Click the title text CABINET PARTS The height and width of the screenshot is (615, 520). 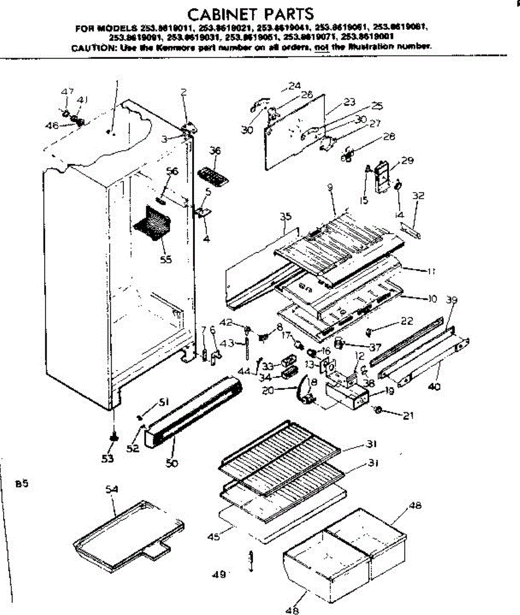pos(250,13)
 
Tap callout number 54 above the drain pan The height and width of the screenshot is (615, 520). pos(112,489)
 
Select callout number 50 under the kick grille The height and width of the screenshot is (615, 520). pos(172,463)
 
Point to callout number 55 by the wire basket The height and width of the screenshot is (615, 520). pos(165,259)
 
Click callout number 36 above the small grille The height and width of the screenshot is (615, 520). pos(215,151)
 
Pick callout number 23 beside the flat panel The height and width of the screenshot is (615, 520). pos(349,102)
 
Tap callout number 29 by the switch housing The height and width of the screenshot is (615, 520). pos(407,161)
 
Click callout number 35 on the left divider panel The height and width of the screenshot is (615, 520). pos(285,216)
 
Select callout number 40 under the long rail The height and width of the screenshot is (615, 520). pos(434,387)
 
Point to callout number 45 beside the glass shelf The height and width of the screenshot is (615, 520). pos(214,537)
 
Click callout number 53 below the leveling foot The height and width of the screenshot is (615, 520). pos(107,459)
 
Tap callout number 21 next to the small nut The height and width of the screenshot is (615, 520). pos(408,416)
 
